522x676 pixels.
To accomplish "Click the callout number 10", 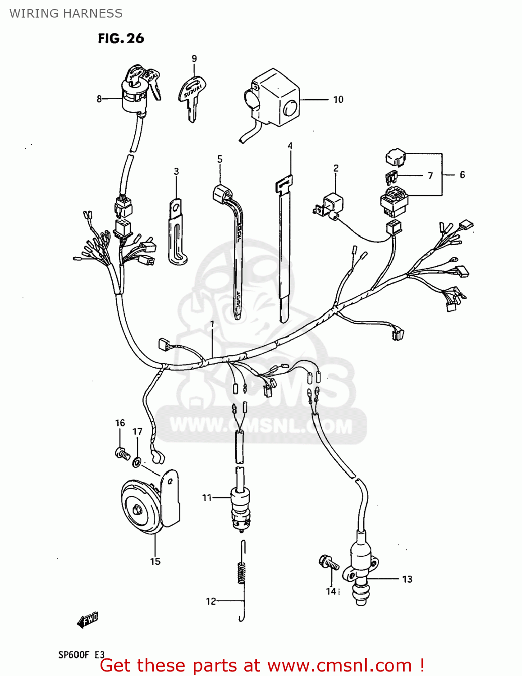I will pyautogui.click(x=338, y=100).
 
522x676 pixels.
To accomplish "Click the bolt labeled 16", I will pyautogui.click(x=122, y=453).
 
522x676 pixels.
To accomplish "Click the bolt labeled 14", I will pyautogui.click(x=329, y=563).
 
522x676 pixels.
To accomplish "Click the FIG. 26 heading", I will pyautogui.click(x=121, y=39).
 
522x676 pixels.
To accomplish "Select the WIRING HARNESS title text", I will pyautogui.click(x=66, y=14).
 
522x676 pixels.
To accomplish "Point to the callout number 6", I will pyautogui.click(x=462, y=175).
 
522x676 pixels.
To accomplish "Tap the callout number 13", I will pyautogui.click(x=407, y=579).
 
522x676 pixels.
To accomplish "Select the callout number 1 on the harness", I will pyautogui.click(x=212, y=324).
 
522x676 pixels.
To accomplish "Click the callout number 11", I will pyautogui.click(x=206, y=498).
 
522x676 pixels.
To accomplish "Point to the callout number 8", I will pyautogui.click(x=99, y=99).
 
